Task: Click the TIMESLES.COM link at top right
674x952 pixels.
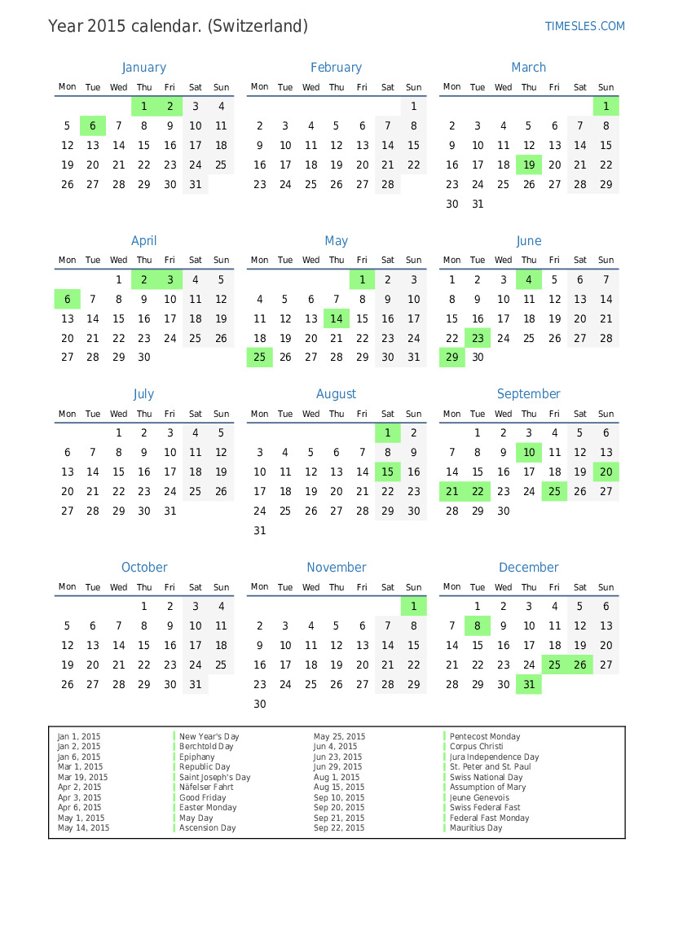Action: tap(584, 26)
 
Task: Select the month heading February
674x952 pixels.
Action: tap(336, 68)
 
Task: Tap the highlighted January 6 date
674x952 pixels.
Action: tap(93, 126)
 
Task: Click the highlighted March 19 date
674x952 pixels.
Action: tap(529, 165)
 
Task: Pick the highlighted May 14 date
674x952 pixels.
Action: tap(337, 319)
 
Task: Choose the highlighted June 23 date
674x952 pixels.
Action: tap(478, 339)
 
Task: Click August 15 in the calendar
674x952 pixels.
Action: tap(388, 472)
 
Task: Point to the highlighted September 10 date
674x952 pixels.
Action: tap(529, 453)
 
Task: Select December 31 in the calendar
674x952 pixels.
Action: tap(529, 685)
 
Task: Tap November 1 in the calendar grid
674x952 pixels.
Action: tap(413, 607)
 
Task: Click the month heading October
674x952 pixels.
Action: tap(144, 568)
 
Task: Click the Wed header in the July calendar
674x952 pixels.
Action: tap(118, 414)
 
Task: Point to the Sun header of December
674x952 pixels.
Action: tap(606, 587)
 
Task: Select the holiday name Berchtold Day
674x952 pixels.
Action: tap(206, 747)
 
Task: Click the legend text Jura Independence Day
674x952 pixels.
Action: tap(494, 757)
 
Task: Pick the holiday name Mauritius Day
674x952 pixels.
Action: tap(476, 828)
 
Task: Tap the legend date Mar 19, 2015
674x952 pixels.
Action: tap(82, 778)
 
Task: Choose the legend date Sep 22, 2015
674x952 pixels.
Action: tap(339, 828)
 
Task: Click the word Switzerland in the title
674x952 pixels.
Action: tap(258, 26)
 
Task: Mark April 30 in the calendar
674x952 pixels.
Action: tap(144, 358)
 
